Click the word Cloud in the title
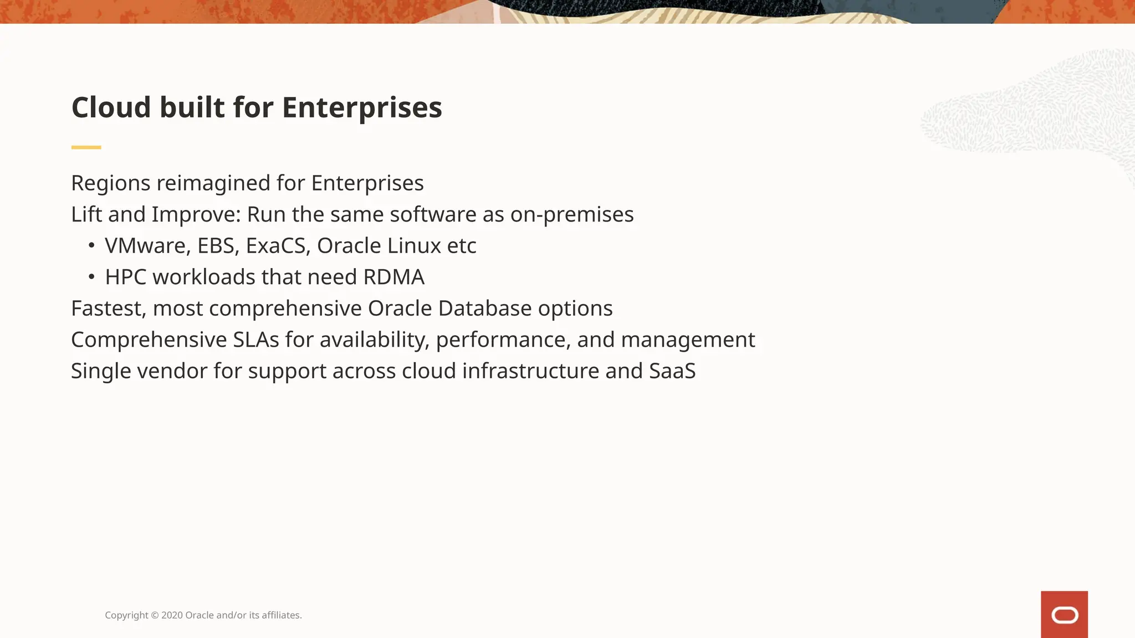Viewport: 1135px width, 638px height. point(111,107)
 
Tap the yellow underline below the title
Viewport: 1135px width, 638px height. point(86,147)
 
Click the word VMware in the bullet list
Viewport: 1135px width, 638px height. point(147,246)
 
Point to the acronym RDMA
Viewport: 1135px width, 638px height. point(393,277)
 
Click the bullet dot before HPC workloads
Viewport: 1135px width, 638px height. point(91,276)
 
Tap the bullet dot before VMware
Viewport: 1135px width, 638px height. point(91,245)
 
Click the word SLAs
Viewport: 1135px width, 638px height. point(255,339)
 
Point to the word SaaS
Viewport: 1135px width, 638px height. point(672,371)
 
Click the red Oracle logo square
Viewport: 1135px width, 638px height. point(1064,614)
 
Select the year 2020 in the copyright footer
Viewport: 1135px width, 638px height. point(172,615)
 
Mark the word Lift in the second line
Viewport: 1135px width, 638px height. point(86,214)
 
